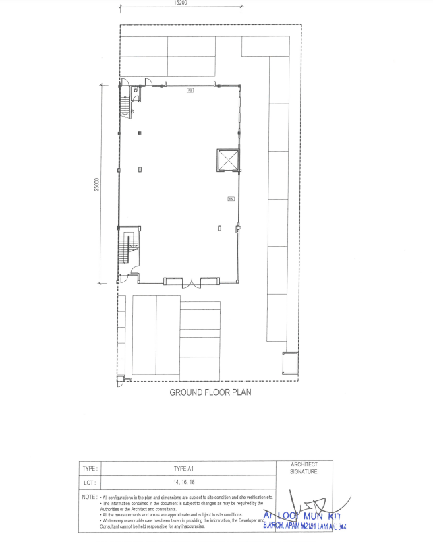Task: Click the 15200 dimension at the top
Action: (180, 3)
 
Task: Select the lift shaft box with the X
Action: (228, 160)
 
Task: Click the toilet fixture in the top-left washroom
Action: (136, 89)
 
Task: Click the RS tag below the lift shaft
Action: (230, 198)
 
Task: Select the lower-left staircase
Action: (125, 250)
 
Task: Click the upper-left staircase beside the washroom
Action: (125, 104)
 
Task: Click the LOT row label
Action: (89, 483)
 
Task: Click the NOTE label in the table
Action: (90, 497)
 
